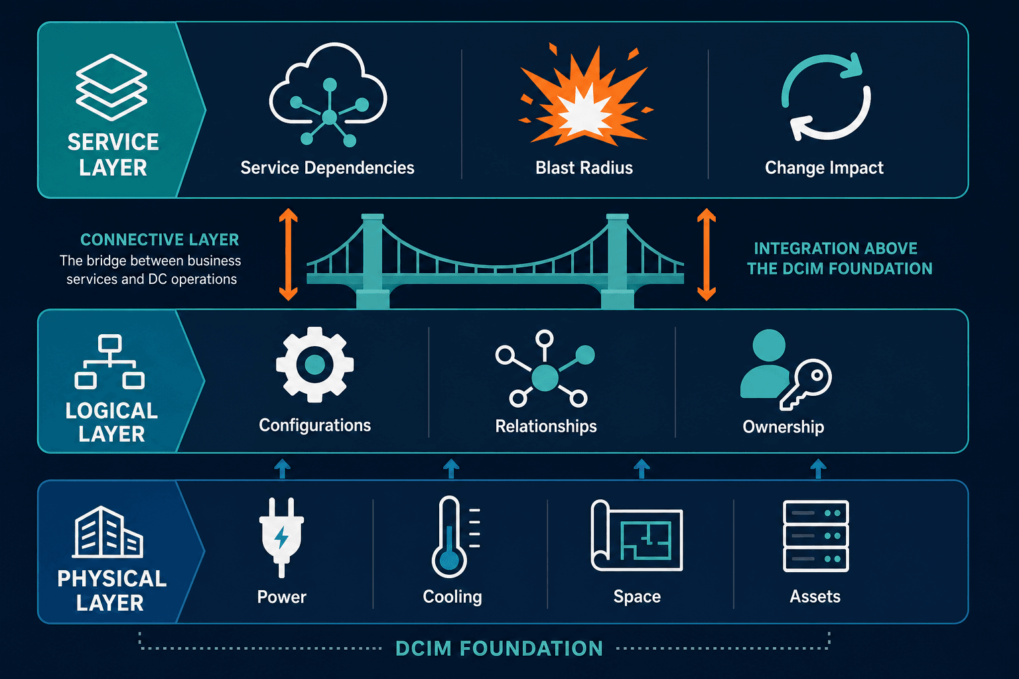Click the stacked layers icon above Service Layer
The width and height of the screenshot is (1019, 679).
[x=111, y=88]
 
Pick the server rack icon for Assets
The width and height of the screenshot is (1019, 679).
[x=815, y=536]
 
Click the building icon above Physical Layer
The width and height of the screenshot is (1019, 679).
[x=107, y=532]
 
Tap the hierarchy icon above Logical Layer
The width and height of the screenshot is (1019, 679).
[x=109, y=362]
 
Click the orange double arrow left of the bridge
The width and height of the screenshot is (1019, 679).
[x=289, y=254]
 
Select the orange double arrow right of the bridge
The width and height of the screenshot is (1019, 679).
[x=707, y=254]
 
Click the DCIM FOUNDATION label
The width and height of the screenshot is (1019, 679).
[x=500, y=648]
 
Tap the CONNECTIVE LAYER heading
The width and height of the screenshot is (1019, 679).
[x=160, y=239]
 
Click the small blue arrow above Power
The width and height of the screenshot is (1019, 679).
[x=282, y=468]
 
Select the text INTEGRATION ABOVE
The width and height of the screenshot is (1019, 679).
[x=836, y=248]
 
